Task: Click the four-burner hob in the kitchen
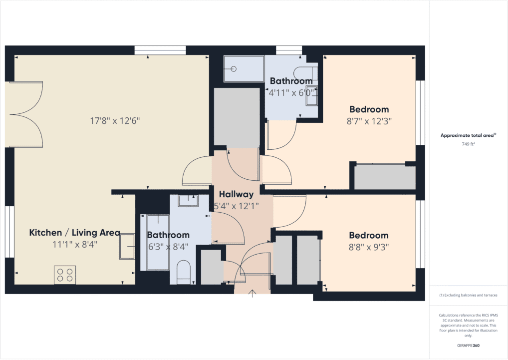65,275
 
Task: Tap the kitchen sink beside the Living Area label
127,246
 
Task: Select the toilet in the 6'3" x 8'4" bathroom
184,272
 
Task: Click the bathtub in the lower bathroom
158,242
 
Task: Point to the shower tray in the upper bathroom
244,69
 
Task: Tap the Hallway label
237,194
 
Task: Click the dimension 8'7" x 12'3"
369,121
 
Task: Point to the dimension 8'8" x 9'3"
369,247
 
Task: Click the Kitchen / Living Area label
74,232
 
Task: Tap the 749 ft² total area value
468,144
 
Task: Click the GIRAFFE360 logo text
468,345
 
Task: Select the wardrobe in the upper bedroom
385,177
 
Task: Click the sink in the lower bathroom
188,201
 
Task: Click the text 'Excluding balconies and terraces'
468,295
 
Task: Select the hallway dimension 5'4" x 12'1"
237,205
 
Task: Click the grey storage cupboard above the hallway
236,117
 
